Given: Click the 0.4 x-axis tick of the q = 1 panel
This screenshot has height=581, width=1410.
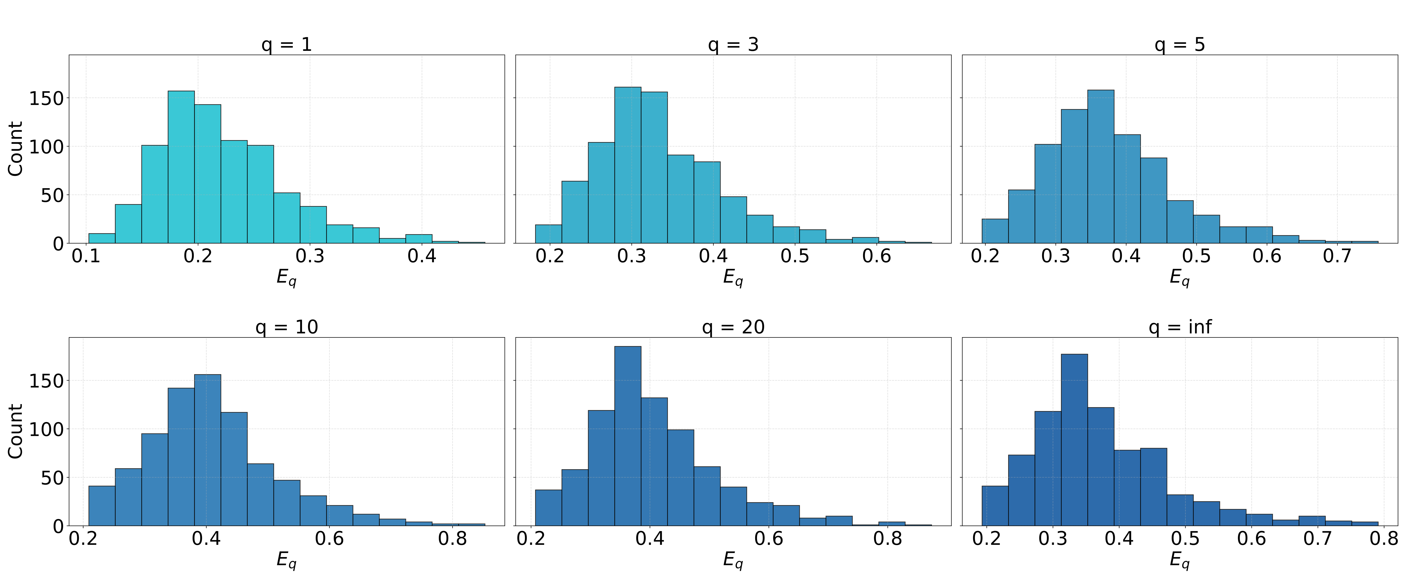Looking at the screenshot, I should pos(422,256).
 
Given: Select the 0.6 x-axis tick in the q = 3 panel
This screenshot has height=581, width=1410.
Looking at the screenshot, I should pos(876,256).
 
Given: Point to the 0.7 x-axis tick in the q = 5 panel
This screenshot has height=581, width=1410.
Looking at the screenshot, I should pos(1337,256).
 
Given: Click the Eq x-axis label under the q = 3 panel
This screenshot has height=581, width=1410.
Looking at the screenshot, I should pos(733,278).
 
